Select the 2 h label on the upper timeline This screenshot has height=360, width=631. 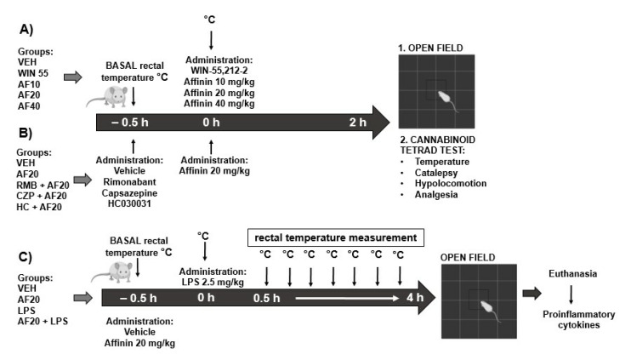click(347, 123)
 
